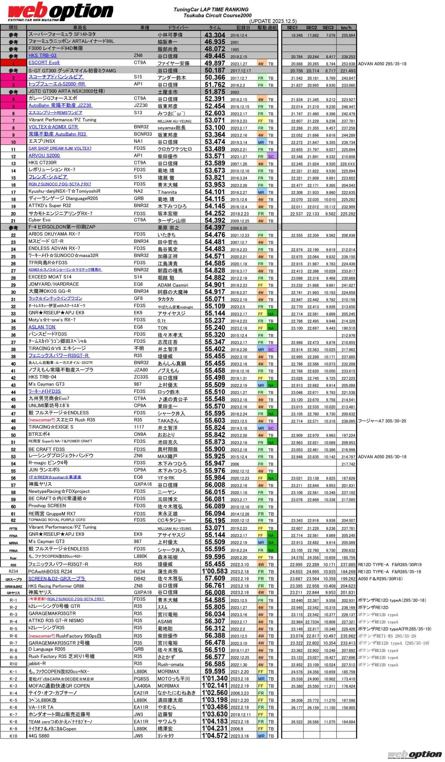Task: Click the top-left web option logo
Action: pyautogui.click(x=60, y=12)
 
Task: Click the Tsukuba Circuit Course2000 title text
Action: pyautogui.click(x=217, y=15)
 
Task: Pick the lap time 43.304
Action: pyautogui.click(x=215, y=35)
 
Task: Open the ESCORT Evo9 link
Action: pyautogui.click(x=44, y=63)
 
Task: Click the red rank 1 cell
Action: pyautogui.click(x=13, y=63)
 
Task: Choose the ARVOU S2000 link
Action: pyautogui.click(x=44, y=156)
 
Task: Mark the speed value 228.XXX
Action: pyautogui.click(x=347, y=164)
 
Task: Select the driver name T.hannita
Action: pyautogui.click(x=167, y=192)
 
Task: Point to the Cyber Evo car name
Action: pyautogui.click(x=39, y=220)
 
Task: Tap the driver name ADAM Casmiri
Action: pyautogui.click(x=173, y=285)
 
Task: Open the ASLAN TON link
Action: pyautogui.click(x=42, y=327)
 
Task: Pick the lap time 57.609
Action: pyautogui.click(x=215, y=578)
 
